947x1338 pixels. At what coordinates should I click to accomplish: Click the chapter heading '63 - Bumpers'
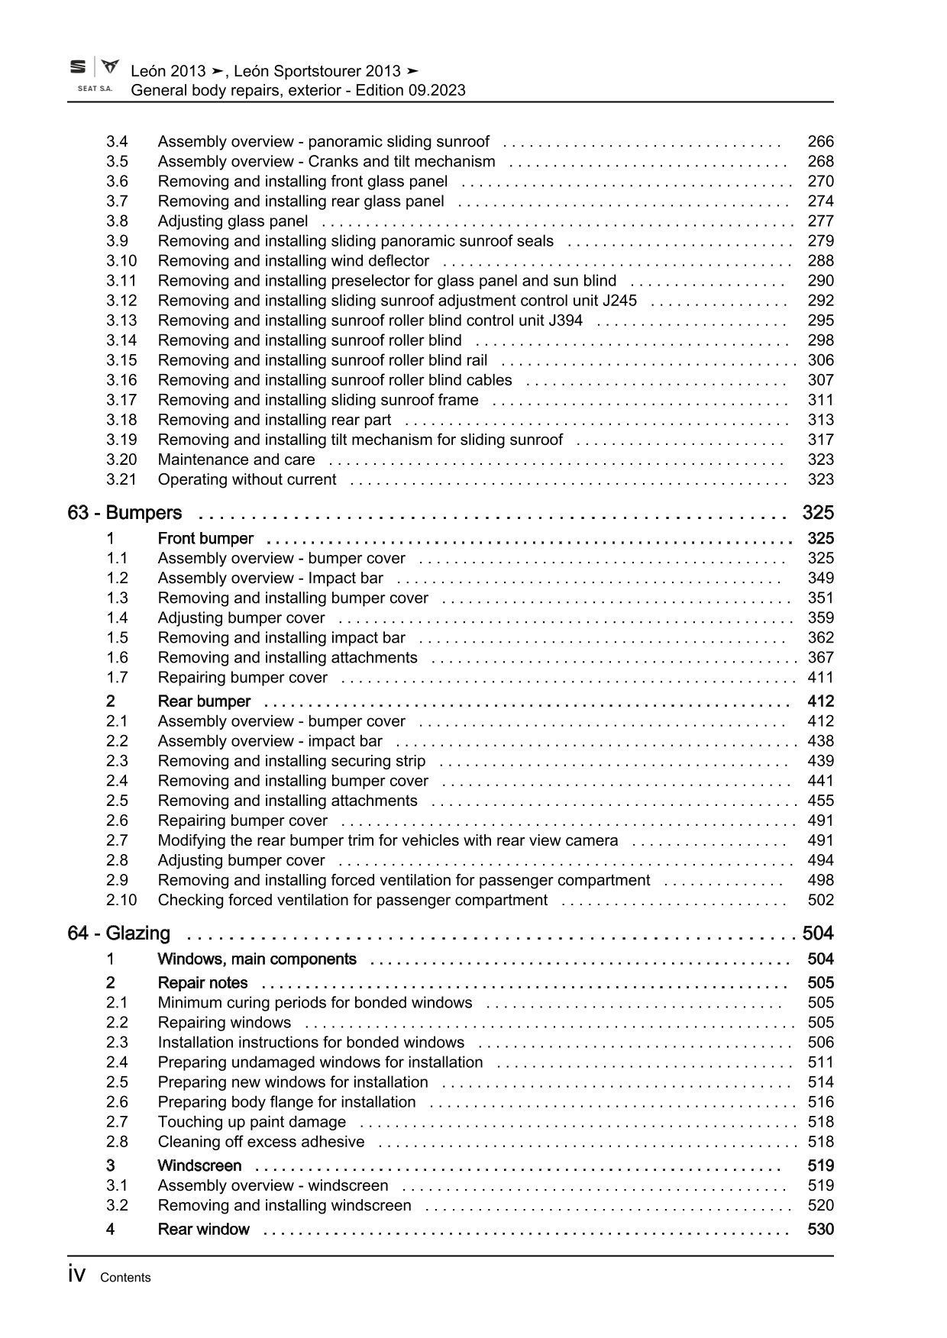point(124,513)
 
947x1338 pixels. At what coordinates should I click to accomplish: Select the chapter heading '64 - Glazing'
point(119,933)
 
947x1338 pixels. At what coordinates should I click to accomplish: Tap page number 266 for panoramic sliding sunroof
point(820,142)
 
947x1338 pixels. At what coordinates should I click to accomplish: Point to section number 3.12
point(121,301)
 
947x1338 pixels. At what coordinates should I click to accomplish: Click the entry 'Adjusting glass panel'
point(233,221)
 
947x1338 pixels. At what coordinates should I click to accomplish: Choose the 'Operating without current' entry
point(247,479)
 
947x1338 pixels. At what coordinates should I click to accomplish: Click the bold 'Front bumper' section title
point(205,539)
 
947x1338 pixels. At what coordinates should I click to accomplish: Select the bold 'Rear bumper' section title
point(204,701)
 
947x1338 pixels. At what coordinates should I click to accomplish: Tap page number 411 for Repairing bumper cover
point(820,678)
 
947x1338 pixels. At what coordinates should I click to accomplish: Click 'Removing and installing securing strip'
point(292,761)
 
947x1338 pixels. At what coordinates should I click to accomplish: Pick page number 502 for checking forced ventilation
point(820,900)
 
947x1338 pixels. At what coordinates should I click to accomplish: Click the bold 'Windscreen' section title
point(199,1166)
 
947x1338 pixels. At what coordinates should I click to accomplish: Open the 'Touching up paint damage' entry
point(251,1122)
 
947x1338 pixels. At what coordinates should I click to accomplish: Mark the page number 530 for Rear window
point(820,1229)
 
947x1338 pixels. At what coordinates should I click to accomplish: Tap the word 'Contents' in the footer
point(125,1278)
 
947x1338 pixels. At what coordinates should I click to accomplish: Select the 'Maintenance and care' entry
point(236,459)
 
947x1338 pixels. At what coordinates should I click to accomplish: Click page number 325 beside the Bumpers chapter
point(818,513)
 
